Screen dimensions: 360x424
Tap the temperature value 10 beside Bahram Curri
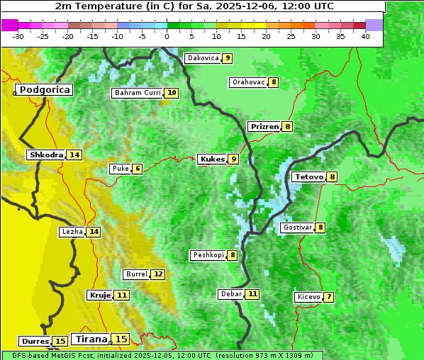click(x=172, y=93)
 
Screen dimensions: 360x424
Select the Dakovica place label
click(x=202, y=58)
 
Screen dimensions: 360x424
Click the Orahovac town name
click(x=248, y=82)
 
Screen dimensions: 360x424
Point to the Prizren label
click(x=264, y=127)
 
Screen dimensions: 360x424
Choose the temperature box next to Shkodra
click(x=74, y=154)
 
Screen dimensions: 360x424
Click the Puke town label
click(x=119, y=169)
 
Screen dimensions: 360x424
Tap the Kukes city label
click(x=212, y=159)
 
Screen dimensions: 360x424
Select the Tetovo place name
click(x=308, y=176)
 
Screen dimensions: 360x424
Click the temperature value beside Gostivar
click(x=320, y=227)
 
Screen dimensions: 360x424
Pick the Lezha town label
click(x=72, y=232)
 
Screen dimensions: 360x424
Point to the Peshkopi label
click(x=208, y=255)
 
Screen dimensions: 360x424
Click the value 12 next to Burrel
click(x=157, y=274)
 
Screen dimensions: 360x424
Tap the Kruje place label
click(x=100, y=295)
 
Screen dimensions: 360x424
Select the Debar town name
click(x=231, y=294)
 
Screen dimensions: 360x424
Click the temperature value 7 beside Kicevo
click(x=329, y=297)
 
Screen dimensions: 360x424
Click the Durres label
click(x=35, y=342)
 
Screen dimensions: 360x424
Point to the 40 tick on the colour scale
click(x=365, y=35)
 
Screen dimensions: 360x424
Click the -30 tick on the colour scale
click(x=18, y=35)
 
